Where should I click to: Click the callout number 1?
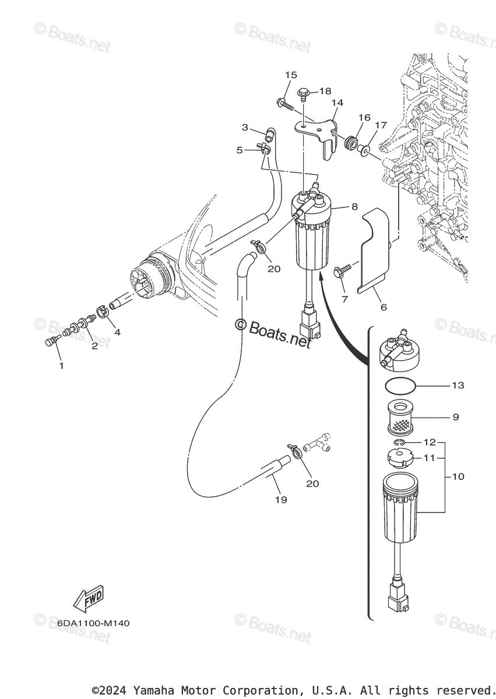(x=61, y=366)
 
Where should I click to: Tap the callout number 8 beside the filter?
(x=354, y=206)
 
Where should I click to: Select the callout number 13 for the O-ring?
(x=458, y=386)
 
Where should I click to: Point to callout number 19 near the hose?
(x=281, y=499)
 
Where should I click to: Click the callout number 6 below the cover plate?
(x=383, y=307)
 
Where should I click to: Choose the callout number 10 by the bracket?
(x=458, y=476)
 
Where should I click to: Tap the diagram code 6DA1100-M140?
(x=93, y=623)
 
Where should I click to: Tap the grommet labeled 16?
(x=351, y=143)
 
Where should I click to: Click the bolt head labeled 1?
(x=50, y=343)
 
